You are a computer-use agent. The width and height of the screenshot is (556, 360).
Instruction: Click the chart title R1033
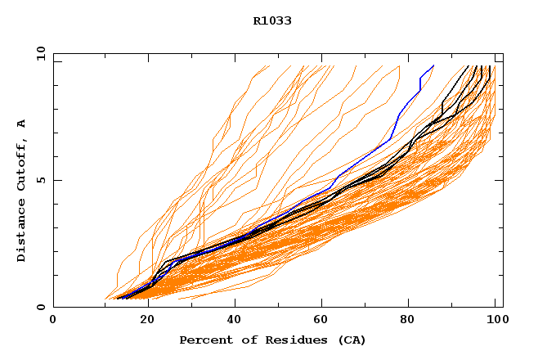click(272, 21)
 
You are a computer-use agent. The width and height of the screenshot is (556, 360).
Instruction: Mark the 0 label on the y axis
click(40, 307)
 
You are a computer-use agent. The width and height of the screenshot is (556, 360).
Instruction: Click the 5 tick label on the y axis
click(40, 180)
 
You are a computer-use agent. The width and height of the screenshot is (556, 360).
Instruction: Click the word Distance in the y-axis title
click(22, 232)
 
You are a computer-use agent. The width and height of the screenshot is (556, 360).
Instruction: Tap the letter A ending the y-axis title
click(22, 123)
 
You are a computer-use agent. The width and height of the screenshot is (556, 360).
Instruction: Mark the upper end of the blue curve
click(433, 65)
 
